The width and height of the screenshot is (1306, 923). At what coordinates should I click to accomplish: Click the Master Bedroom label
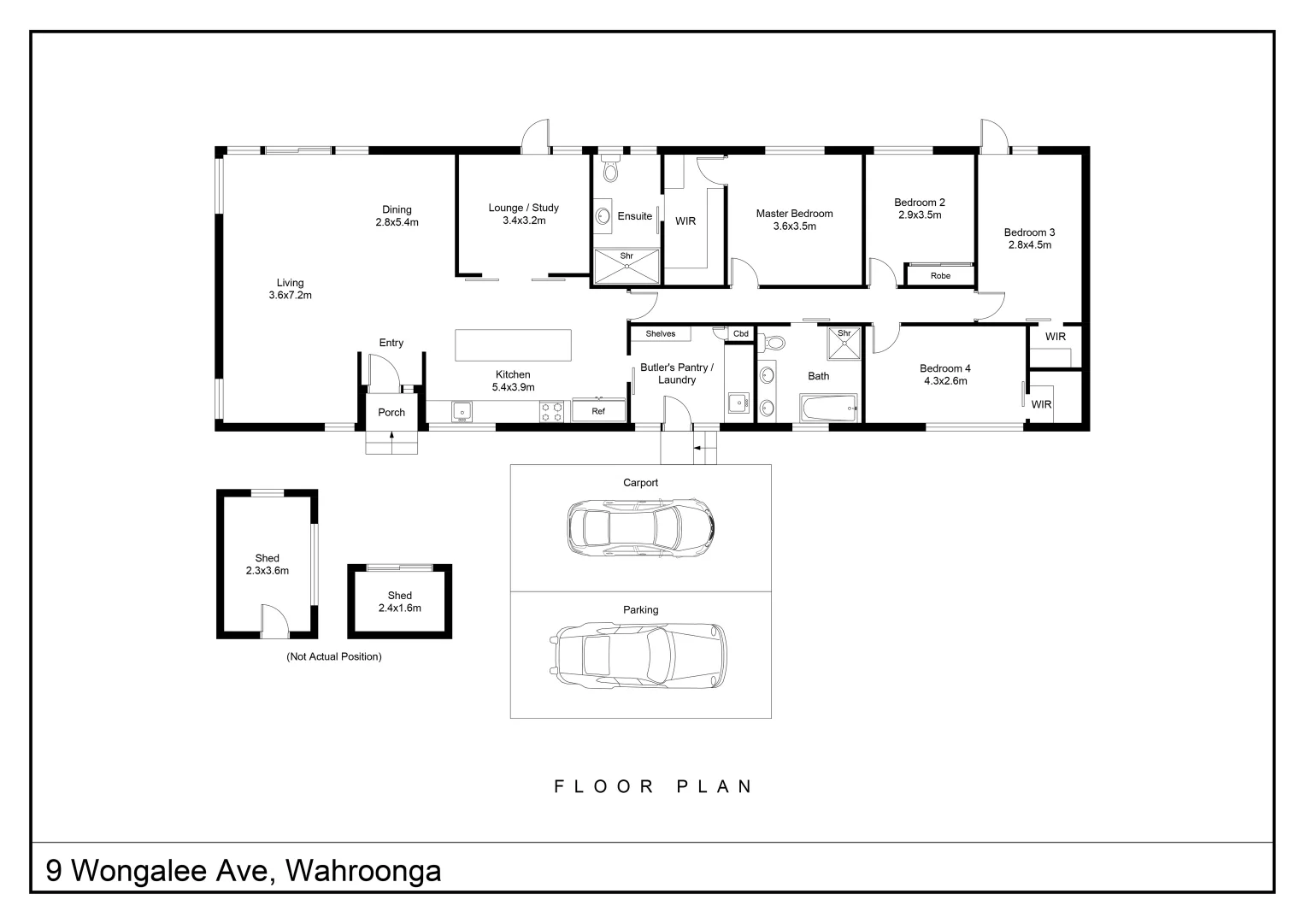click(794, 214)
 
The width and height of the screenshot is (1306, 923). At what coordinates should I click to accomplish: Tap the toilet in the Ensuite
click(609, 170)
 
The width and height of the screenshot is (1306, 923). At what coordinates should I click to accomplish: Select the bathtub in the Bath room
click(828, 409)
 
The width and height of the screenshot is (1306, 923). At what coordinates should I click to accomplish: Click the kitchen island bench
click(513, 345)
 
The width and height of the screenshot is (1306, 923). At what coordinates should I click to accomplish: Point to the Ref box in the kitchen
click(598, 411)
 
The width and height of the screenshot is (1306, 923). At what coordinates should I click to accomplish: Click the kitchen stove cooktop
click(552, 412)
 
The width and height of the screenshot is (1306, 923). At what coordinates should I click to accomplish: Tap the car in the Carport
click(640, 525)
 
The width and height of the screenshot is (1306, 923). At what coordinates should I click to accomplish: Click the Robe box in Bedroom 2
click(940, 276)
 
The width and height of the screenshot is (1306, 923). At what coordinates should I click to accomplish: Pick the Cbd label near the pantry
click(740, 334)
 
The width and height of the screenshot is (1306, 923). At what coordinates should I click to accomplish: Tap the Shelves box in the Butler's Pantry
click(661, 334)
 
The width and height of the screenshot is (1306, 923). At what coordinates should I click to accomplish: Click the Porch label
click(391, 413)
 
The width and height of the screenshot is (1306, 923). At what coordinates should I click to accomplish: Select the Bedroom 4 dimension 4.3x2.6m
click(944, 381)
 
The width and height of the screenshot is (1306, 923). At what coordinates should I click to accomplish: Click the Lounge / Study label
click(523, 208)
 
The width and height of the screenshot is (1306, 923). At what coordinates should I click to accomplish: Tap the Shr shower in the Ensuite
click(627, 264)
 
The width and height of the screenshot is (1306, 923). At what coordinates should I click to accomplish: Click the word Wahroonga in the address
click(363, 871)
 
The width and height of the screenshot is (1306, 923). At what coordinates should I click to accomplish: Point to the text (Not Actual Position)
click(333, 657)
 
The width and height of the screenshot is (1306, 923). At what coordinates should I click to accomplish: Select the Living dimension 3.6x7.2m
click(290, 296)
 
